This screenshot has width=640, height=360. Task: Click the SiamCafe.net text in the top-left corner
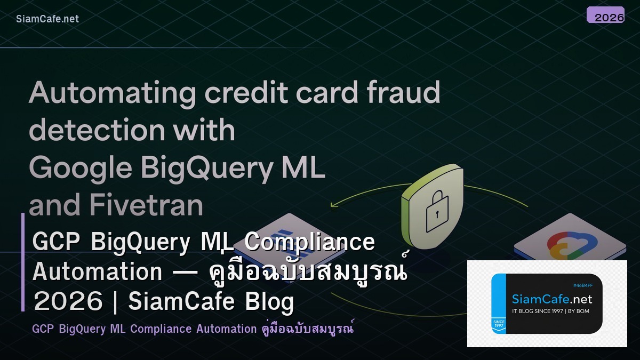pyautogui.click(x=47, y=19)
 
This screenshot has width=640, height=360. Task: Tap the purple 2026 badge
pyautogui.click(x=605, y=15)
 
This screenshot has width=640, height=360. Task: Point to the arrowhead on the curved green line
pyautogui.click(x=334, y=204)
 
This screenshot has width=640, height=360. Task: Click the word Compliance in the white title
pyautogui.click(x=310, y=242)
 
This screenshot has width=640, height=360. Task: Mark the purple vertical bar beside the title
pyautogui.click(x=23, y=262)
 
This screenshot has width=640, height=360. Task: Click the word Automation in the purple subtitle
pyautogui.click(x=226, y=329)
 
